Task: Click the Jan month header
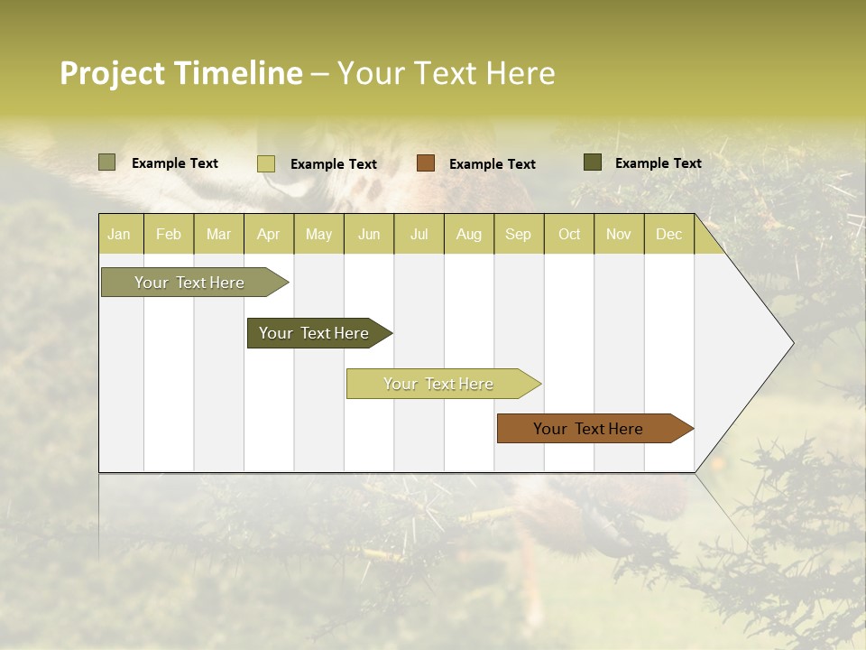coord(119,234)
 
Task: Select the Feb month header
coord(169,234)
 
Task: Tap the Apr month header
coord(269,234)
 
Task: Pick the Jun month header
coord(369,234)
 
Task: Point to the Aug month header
coord(469,234)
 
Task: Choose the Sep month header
coord(518,234)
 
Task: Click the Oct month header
coord(569,234)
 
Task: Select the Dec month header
coord(669,234)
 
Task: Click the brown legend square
coord(426,162)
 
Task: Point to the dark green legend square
coord(593,162)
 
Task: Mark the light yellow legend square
coord(266,163)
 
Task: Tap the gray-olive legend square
coord(107,162)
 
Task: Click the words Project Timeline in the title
coord(180,73)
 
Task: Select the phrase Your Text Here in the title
coord(447,73)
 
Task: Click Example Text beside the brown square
coord(493,164)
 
